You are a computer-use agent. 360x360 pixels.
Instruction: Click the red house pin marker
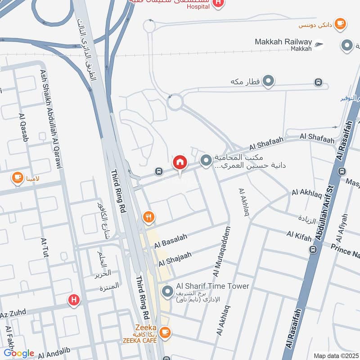click(x=180, y=163)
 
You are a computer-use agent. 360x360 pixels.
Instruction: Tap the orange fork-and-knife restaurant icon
click(x=149, y=218)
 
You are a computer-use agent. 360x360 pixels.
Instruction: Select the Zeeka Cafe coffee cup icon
click(x=166, y=332)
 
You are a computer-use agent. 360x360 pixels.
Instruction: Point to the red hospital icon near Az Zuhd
click(x=73, y=300)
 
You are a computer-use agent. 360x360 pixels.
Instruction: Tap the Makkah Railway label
click(x=283, y=42)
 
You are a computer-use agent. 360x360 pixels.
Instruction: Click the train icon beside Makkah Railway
click(x=319, y=44)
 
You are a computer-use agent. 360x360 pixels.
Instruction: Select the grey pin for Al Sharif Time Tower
click(x=167, y=292)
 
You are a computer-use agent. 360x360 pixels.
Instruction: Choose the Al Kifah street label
click(x=299, y=234)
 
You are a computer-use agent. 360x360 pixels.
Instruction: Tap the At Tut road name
click(x=45, y=248)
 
